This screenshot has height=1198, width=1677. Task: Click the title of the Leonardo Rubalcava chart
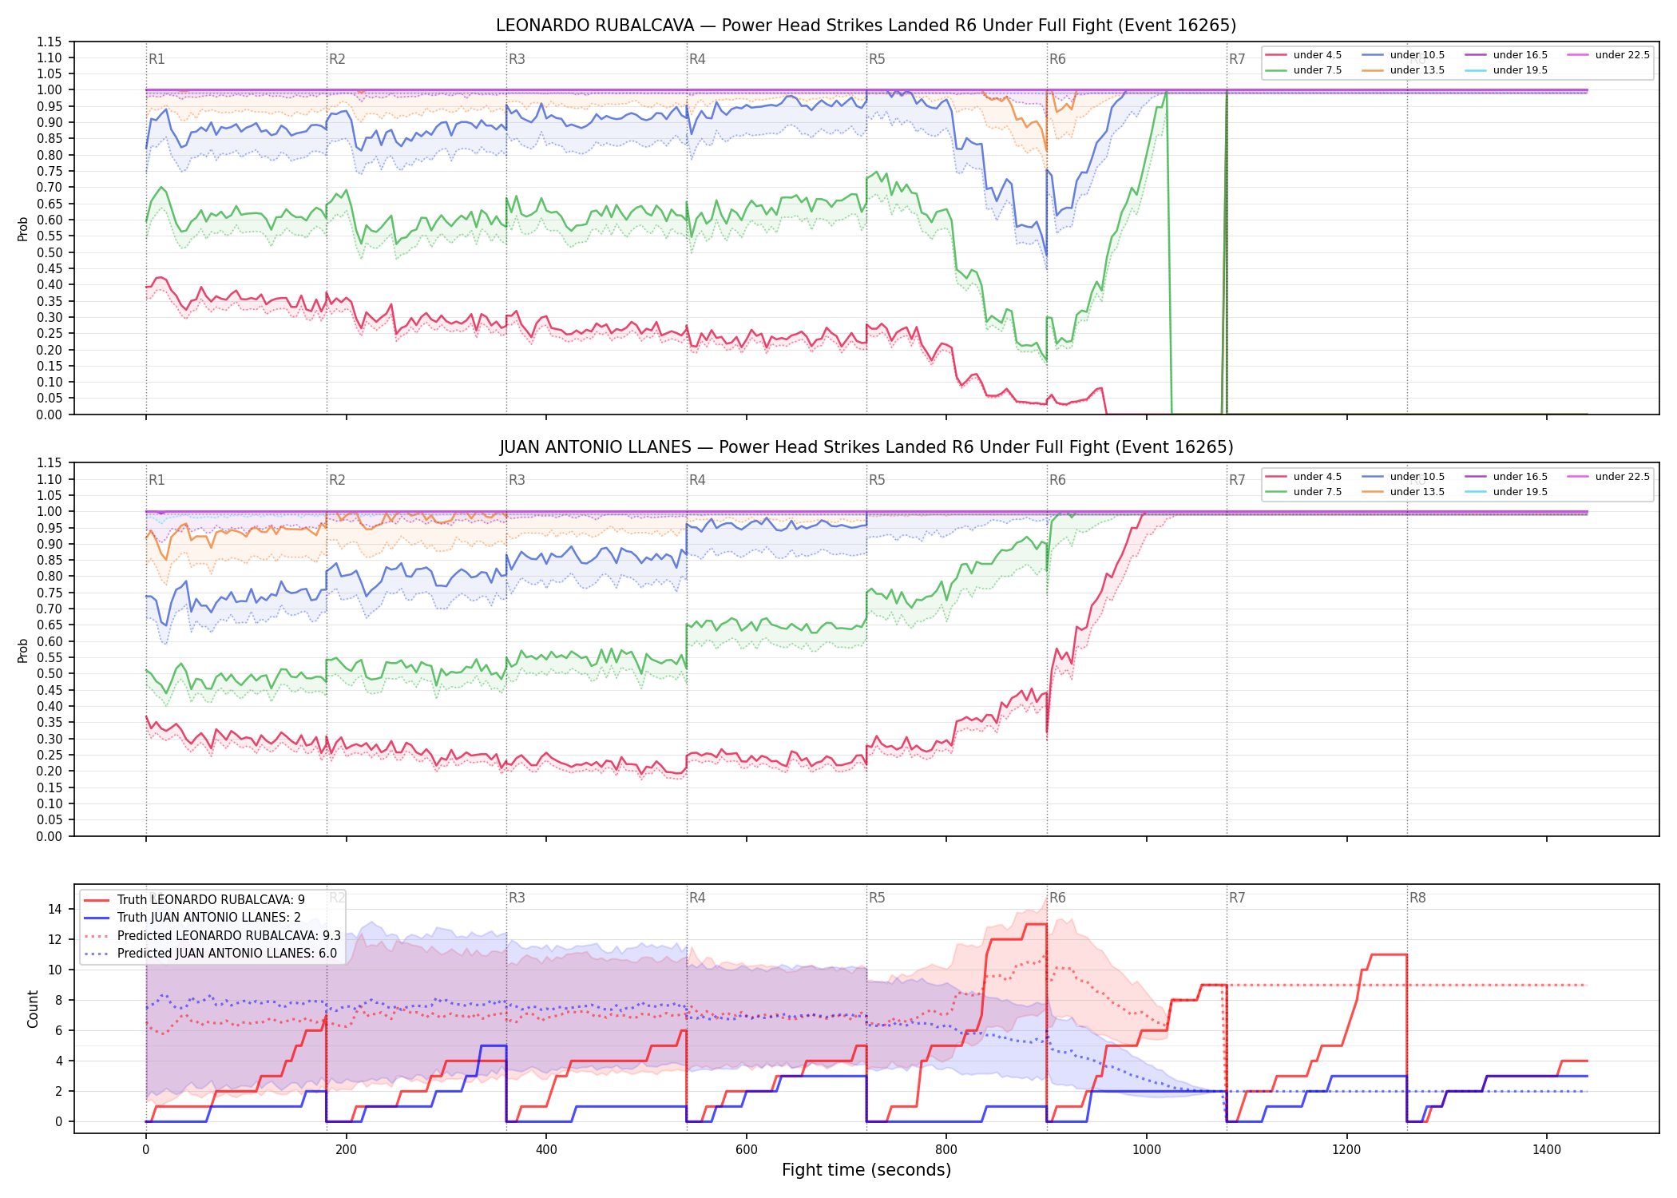click(866, 26)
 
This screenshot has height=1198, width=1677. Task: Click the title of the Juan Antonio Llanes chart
click(866, 447)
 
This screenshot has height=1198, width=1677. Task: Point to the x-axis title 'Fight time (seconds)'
click(866, 1170)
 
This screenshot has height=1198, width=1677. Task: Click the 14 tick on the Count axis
click(55, 909)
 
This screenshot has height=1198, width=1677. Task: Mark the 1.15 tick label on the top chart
click(50, 42)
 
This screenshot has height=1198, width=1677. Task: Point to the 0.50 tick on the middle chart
click(50, 674)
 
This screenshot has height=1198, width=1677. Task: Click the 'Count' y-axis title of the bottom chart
click(33, 1009)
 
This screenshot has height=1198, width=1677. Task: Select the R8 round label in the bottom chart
click(1417, 898)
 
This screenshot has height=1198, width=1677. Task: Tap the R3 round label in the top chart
click(517, 59)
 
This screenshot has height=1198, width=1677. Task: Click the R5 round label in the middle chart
click(877, 480)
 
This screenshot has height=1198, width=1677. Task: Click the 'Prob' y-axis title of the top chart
click(23, 228)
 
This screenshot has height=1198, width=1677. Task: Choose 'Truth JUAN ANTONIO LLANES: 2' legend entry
click(209, 918)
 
